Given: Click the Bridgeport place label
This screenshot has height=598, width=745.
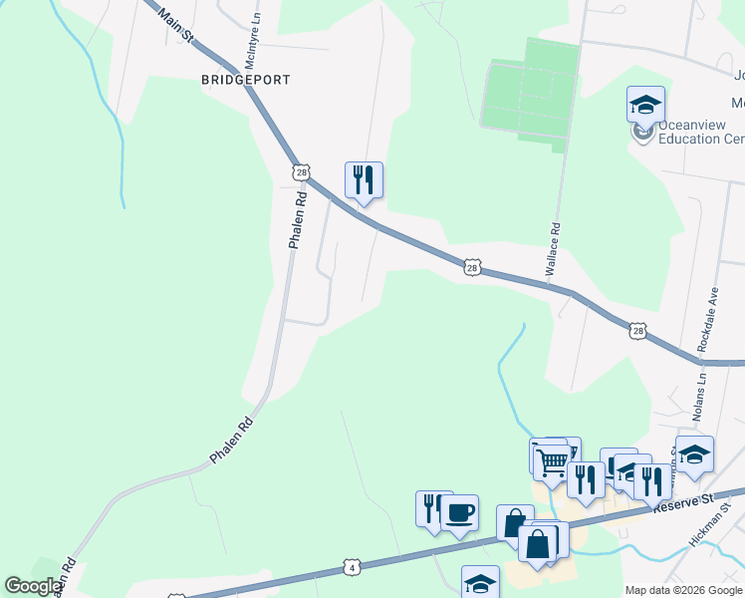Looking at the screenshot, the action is [x=245, y=79].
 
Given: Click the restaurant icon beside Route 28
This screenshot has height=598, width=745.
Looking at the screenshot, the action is [x=364, y=179].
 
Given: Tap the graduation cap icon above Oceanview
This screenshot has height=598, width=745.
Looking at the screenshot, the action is [x=645, y=104].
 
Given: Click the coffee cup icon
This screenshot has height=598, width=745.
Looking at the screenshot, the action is [x=459, y=512].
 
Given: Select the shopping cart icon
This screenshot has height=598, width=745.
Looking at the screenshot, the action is [x=552, y=460].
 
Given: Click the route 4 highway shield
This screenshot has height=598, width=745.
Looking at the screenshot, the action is [x=351, y=567].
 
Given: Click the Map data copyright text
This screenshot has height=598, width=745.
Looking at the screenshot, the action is [x=682, y=590].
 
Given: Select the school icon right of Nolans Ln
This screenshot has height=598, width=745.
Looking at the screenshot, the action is [x=694, y=453].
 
